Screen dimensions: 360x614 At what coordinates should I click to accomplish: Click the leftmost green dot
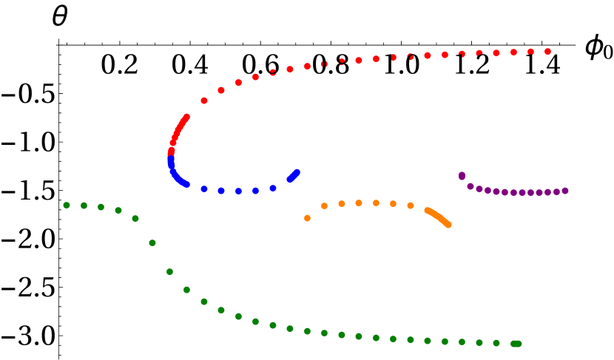(x=67, y=205)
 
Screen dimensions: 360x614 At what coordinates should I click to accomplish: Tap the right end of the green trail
(x=518, y=343)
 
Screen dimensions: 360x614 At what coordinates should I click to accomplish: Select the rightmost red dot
(x=547, y=52)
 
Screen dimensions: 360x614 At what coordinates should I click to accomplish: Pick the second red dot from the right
(x=530, y=52)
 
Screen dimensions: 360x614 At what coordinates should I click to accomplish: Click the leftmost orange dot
(x=307, y=218)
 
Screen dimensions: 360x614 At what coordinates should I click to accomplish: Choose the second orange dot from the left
(x=324, y=206)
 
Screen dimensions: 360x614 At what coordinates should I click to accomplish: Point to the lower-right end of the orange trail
(x=448, y=225)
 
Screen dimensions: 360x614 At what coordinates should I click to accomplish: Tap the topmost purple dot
(x=462, y=176)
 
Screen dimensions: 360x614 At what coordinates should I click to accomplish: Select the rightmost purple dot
(x=565, y=191)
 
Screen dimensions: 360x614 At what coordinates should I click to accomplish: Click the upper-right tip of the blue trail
(x=297, y=171)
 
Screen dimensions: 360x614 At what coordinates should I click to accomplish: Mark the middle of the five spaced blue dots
(x=238, y=191)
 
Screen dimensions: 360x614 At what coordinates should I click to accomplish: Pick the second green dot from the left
(x=84, y=206)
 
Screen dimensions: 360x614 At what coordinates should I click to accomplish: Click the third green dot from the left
(x=101, y=207)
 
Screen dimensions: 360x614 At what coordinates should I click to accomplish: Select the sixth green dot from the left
(x=152, y=242)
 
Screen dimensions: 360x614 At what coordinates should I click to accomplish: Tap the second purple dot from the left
(x=470, y=186)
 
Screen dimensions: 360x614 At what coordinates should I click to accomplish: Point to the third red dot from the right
(x=513, y=52)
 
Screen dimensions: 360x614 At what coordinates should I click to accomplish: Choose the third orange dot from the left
(x=342, y=203)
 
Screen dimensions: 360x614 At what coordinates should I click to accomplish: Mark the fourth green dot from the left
(x=118, y=210)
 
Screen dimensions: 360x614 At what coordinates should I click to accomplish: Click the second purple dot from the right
(x=556, y=191)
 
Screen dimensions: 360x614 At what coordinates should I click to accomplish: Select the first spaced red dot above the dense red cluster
(x=204, y=101)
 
